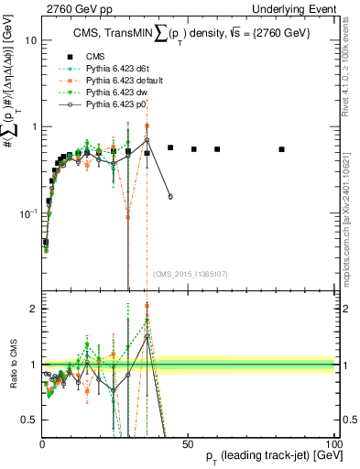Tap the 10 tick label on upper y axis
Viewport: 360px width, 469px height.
click(x=30, y=40)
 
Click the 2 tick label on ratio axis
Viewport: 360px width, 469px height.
click(x=33, y=309)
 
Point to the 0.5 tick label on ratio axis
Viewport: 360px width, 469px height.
click(x=29, y=420)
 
